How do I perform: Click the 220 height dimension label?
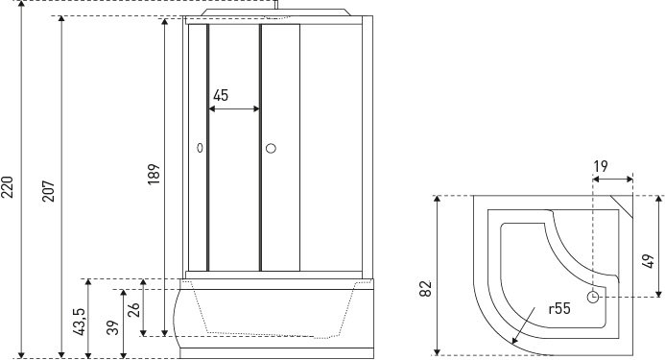pyautogui.click(x=8, y=187)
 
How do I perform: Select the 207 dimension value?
pyautogui.click(x=49, y=191)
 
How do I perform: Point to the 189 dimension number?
pyautogui.click(x=154, y=174)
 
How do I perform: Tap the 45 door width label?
pyautogui.click(x=221, y=95)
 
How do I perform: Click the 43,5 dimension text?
pyautogui.click(x=81, y=322)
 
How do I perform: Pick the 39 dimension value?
pyautogui.click(x=113, y=327)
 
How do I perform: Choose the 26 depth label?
pyautogui.click(x=133, y=309)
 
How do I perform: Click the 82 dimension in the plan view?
pyautogui.click(x=425, y=289)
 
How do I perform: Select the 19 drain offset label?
pyautogui.click(x=601, y=166)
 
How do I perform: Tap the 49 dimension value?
pyautogui.click(x=648, y=261)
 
